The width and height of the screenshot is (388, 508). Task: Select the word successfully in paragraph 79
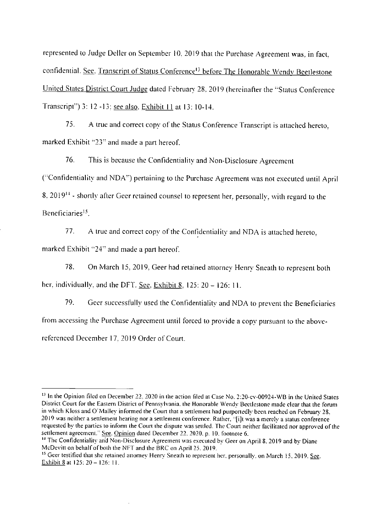click(x=124, y=303)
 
